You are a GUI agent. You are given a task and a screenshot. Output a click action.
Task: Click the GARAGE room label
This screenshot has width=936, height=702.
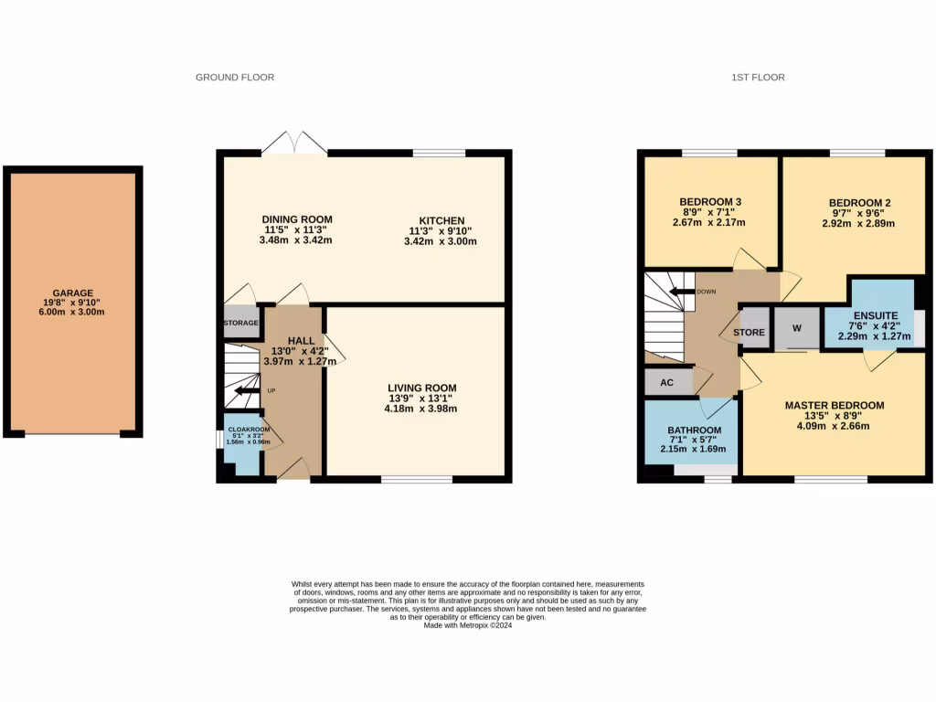[x=72, y=293]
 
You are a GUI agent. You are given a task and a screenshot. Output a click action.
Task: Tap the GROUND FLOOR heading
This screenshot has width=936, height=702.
[x=235, y=78]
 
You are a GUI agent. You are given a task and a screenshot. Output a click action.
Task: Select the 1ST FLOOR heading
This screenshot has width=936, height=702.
[x=758, y=78]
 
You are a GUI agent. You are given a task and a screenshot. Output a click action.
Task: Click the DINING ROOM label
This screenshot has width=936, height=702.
[x=297, y=219]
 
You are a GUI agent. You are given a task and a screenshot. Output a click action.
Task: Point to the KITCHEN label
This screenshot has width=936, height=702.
[x=442, y=220]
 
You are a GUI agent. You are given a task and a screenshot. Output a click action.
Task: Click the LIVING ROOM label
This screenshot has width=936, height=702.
[x=421, y=388]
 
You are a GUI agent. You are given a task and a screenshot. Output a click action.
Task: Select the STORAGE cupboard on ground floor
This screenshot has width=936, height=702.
[x=241, y=324]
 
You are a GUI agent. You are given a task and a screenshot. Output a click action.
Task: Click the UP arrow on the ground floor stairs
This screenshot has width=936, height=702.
[x=244, y=391]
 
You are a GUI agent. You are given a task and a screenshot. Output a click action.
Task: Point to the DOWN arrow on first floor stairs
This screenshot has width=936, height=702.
[x=680, y=292]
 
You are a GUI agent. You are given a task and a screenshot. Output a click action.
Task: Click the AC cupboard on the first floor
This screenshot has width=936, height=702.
[x=667, y=382]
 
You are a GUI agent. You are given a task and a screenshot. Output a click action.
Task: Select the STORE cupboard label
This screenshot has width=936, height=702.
[x=749, y=333]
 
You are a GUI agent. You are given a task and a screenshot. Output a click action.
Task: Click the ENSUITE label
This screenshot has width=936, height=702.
[x=876, y=314]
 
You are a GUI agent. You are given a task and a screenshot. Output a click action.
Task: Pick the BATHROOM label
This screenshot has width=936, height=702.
[x=694, y=431]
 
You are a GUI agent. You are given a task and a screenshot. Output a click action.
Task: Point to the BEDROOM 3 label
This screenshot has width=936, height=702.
[x=709, y=202]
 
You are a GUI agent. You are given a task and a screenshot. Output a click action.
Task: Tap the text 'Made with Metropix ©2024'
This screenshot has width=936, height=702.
[x=467, y=625]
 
